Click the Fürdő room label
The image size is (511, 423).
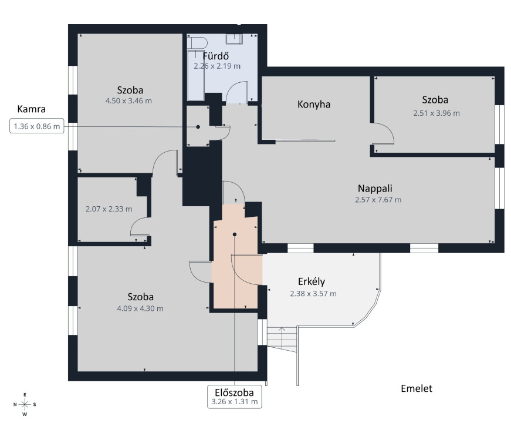pyautogui.click(x=216, y=56)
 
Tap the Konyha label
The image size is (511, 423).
pyautogui.click(x=314, y=105)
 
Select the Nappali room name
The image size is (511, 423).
pyautogui.click(x=375, y=189)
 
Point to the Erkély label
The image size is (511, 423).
pyautogui.click(x=311, y=281)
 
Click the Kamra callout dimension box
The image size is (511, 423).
pyautogui.click(x=37, y=126)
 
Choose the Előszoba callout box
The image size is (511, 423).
pyautogui.click(x=234, y=397)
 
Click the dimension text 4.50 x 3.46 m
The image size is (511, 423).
pyautogui.click(x=128, y=101)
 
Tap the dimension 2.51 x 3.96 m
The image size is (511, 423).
pyautogui.click(x=436, y=113)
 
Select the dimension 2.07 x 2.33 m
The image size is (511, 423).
pyautogui.click(x=109, y=209)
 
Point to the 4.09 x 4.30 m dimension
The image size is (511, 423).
pyautogui.click(x=140, y=308)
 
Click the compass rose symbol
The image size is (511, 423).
pyautogui.click(x=25, y=405)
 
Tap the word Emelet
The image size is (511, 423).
pyautogui.click(x=417, y=388)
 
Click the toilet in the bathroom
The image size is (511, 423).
pyautogui.click(x=198, y=43)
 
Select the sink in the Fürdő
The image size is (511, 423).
pyautogui.click(x=234, y=39)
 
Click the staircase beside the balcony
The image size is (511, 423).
pyautogui.click(x=282, y=339)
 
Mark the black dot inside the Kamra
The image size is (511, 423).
pyautogui.click(x=198, y=127)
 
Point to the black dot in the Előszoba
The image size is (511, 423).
pyautogui.click(x=234, y=234)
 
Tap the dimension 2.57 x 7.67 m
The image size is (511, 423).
pyautogui.click(x=378, y=200)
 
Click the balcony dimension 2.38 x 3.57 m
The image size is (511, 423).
pyautogui.click(x=313, y=294)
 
